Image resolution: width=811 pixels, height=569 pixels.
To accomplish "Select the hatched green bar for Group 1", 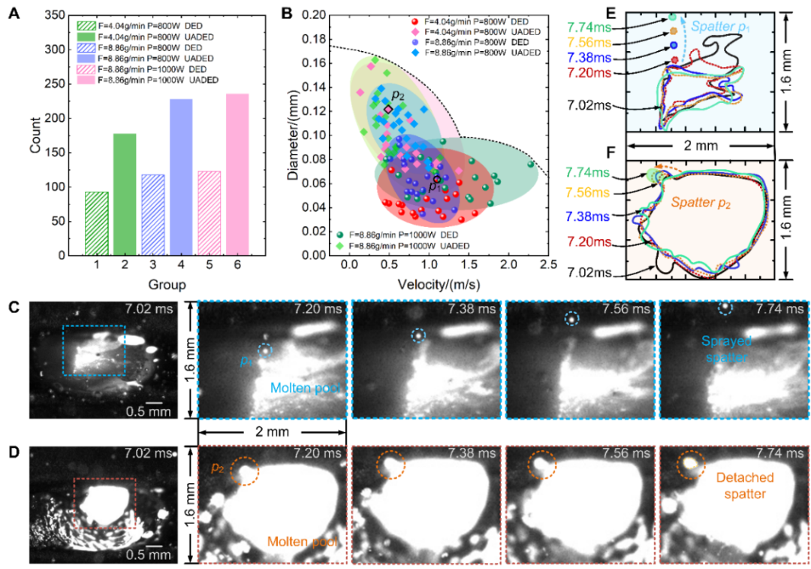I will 96,223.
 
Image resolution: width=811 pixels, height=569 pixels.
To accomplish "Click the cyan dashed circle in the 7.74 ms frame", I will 725,307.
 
